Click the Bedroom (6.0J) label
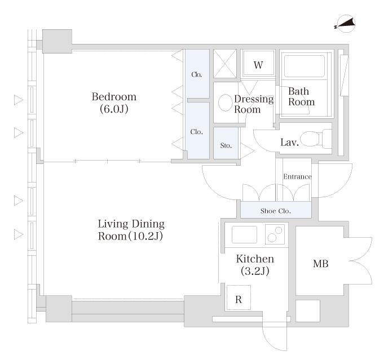tap(114, 103)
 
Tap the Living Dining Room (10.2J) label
tap(131, 230)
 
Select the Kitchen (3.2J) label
tap(255, 265)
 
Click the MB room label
tap(320, 264)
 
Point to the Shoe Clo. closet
tap(276, 210)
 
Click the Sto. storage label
tap(226, 145)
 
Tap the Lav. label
tap(289, 143)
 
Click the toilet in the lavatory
tap(316, 139)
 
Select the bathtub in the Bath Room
tap(304, 66)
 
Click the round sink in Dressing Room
tap(226, 103)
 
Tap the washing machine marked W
tap(258, 64)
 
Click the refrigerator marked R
tap(239, 297)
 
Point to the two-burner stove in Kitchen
tap(275, 234)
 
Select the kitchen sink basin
tap(244, 234)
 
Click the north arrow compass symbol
tap(345, 24)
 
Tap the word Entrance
tap(297, 176)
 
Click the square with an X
tap(225, 64)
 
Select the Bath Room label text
tap(301, 96)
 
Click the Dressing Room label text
tap(254, 104)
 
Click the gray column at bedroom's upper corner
tap(57, 41)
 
